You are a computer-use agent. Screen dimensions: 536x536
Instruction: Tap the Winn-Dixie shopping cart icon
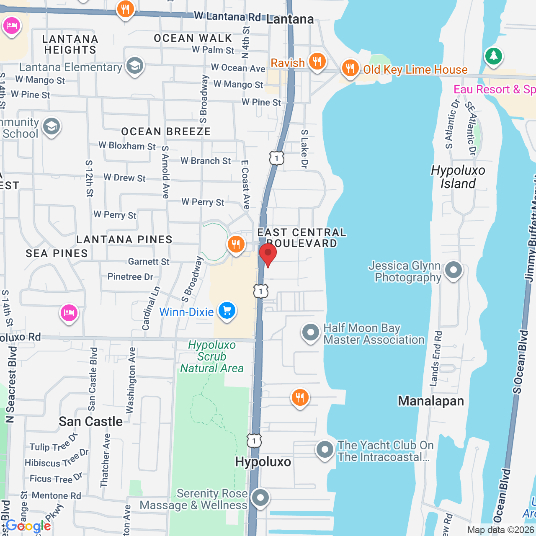(x=227, y=311)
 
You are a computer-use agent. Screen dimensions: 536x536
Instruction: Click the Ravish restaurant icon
(x=317, y=62)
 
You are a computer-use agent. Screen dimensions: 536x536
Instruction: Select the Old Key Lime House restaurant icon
(x=350, y=68)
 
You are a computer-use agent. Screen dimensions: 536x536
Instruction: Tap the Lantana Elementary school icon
(x=134, y=66)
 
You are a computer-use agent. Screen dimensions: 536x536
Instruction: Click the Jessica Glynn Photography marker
(x=453, y=270)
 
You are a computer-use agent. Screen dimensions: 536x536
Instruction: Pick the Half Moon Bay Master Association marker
(x=310, y=333)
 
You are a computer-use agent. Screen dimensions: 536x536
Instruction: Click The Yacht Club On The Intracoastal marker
(x=325, y=450)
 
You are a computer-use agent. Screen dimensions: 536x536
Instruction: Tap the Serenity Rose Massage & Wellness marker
(x=260, y=498)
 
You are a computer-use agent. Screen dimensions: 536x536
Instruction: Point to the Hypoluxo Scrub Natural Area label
(x=212, y=356)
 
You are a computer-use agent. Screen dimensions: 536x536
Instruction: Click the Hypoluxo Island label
(x=458, y=177)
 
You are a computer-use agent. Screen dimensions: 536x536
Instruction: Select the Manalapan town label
(x=430, y=401)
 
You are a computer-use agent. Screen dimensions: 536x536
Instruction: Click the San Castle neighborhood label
(x=90, y=421)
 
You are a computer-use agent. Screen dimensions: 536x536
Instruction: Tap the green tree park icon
(x=493, y=56)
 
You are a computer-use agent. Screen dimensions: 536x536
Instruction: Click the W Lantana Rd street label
(x=227, y=16)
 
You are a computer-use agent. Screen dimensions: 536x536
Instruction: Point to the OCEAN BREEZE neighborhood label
(x=166, y=131)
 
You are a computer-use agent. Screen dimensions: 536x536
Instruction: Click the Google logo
(x=28, y=526)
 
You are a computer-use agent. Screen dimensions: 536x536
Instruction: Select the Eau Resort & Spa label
(x=494, y=89)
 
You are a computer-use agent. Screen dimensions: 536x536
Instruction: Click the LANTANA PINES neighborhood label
(x=124, y=240)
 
